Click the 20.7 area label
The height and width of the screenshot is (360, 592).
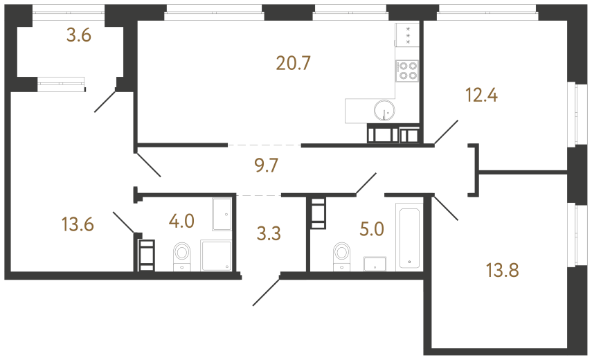[293, 64]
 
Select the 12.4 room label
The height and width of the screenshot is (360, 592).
[482, 96]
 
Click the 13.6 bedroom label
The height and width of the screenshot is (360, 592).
[77, 224]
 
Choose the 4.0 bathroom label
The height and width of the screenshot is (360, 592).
[181, 222]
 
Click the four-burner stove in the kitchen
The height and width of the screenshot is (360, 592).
[407, 70]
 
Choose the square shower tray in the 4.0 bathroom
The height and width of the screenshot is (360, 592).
[217, 255]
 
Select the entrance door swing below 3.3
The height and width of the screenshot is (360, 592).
[266, 291]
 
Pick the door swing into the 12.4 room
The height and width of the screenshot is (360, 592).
[446, 132]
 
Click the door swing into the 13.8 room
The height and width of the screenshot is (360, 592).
[445, 208]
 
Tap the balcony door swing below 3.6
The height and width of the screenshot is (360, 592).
[106, 100]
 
